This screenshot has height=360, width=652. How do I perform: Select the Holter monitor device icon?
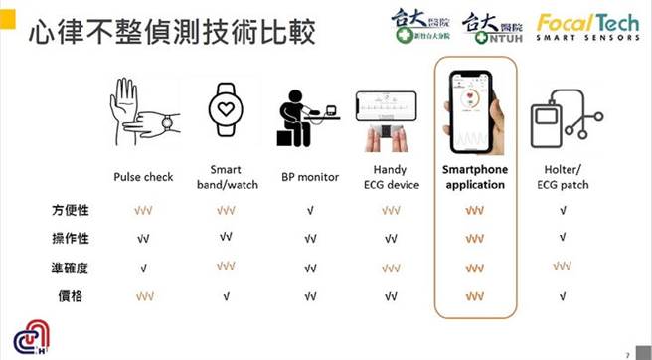[562, 117]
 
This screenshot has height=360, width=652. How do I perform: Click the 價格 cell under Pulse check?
[144, 295]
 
